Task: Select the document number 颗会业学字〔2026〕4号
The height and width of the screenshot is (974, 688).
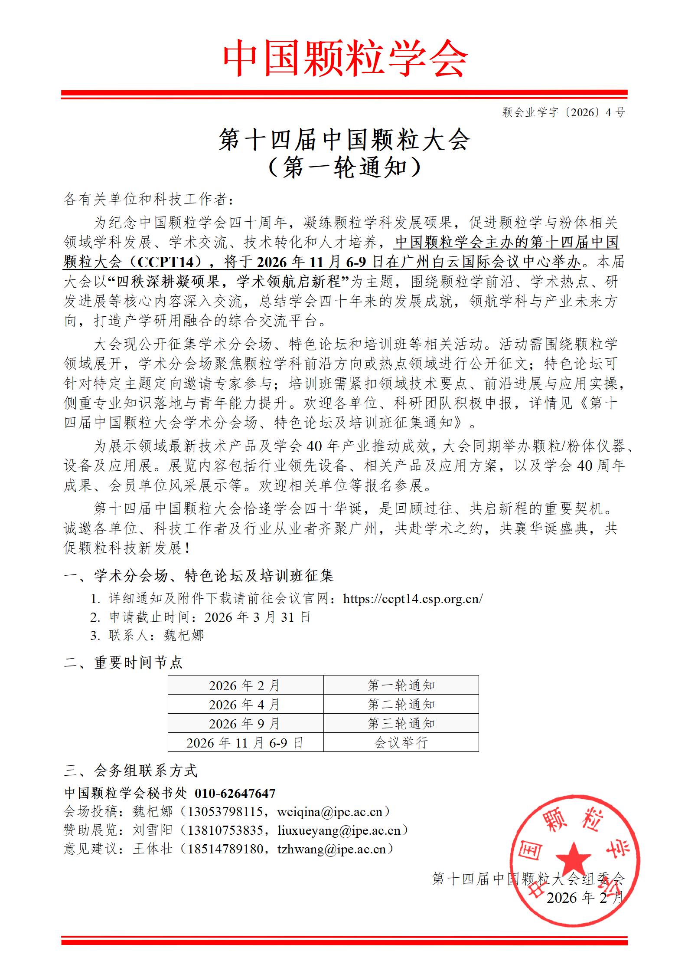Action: [x=563, y=112]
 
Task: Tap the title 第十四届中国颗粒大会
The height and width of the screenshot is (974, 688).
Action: [x=344, y=140]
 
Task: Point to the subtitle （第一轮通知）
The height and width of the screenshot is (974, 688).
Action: [x=344, y=168]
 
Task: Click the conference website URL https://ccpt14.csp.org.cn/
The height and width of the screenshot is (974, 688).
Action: [x=413, y=599]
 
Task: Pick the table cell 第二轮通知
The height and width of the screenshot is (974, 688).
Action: [x=401, y=705]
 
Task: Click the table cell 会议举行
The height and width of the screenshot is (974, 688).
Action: [x=401, y=743]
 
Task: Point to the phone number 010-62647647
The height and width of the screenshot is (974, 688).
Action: [x=235, y=794]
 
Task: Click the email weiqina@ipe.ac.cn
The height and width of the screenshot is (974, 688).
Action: [x=329, y=812]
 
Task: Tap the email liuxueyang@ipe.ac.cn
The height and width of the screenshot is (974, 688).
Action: [x=339, y=830]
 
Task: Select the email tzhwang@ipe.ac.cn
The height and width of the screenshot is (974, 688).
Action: [x=331, y=849]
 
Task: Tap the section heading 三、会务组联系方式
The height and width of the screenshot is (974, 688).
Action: [x=130, y=771]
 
